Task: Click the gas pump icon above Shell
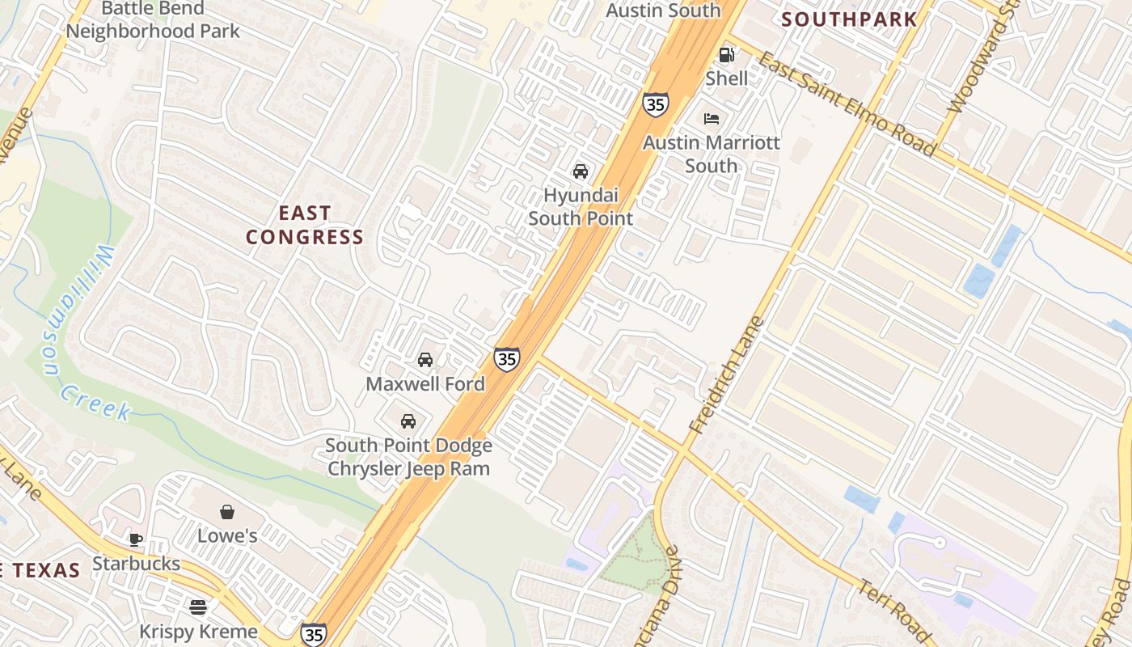726,55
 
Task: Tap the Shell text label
726,78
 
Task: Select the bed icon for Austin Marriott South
712,119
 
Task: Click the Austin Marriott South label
712,154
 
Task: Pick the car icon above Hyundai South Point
580,171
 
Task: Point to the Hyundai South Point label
580,207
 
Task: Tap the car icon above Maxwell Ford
424,360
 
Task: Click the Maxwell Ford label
425,384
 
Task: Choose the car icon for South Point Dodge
408,421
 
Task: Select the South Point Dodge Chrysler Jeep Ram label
408,457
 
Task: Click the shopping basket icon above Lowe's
227,512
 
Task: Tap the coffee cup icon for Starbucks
136,539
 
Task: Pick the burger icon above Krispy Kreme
198,607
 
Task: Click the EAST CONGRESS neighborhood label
305,225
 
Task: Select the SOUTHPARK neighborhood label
849,19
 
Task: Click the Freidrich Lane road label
726,374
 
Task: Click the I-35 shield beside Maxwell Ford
507,358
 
